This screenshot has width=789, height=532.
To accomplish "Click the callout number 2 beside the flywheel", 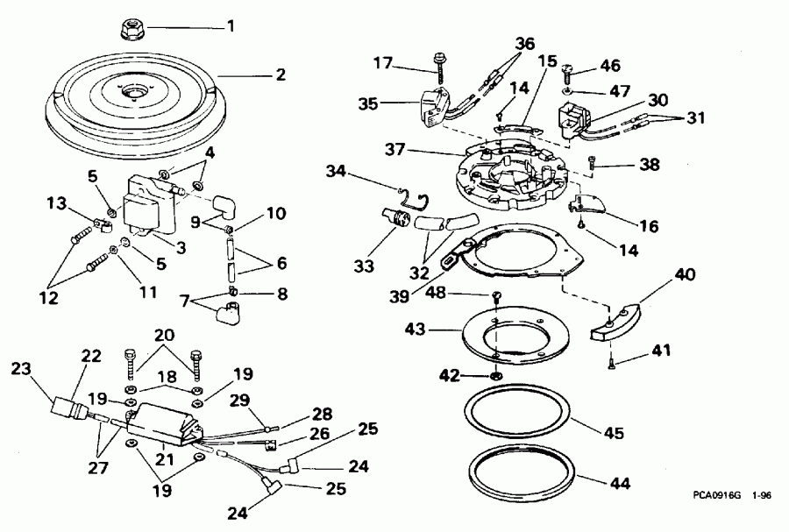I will pos(280,74).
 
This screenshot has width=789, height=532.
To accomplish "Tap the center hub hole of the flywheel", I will pos(136,92).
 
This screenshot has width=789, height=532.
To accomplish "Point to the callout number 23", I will pos(20,370).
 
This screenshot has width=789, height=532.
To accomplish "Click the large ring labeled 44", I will pos(522,485).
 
